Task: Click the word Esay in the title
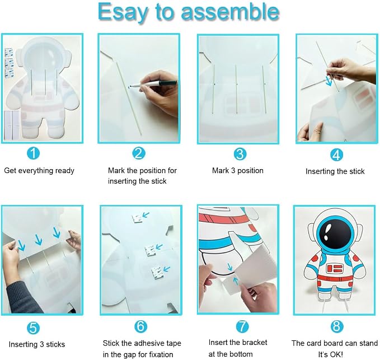tap(123, 13)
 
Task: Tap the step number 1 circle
tap(33, 153)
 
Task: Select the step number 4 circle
tap(336, 155)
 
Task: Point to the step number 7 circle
tap(242, 326)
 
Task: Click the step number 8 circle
tap(337, 326)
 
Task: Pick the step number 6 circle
tap(141, 326)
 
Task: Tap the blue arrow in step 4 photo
tap(329, 81)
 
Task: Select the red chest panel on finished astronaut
tap(335, 268)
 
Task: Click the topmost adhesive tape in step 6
tap(137, 218)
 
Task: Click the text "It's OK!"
tap(331, 354)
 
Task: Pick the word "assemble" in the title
tap(230, 12)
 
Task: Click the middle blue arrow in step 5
tap(38, 240)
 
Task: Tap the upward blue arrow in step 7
tap(236, 281)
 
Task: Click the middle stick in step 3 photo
tap(236, 88)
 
